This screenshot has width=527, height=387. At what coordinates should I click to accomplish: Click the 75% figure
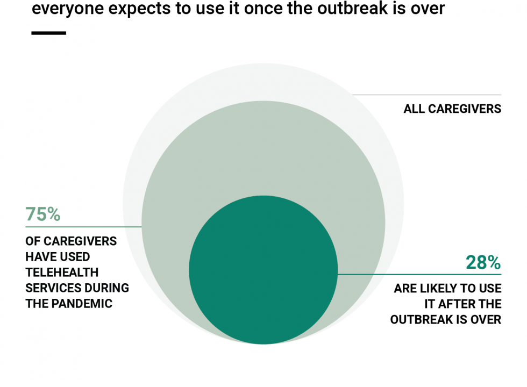[42, 214]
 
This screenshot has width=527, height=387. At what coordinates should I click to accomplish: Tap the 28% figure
[483, 262]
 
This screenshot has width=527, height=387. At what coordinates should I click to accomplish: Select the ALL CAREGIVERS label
[452, 109]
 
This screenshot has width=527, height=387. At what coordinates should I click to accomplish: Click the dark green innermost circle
[263, 270]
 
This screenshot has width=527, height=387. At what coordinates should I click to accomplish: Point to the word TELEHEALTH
[62, 272]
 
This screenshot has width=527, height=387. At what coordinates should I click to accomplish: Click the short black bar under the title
[49, 33]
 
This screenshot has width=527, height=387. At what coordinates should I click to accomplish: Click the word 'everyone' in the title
[68, 9]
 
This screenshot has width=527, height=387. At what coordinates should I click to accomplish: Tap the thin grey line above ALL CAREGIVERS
[426, 95]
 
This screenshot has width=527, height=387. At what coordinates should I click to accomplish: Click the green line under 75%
[84, 227]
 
